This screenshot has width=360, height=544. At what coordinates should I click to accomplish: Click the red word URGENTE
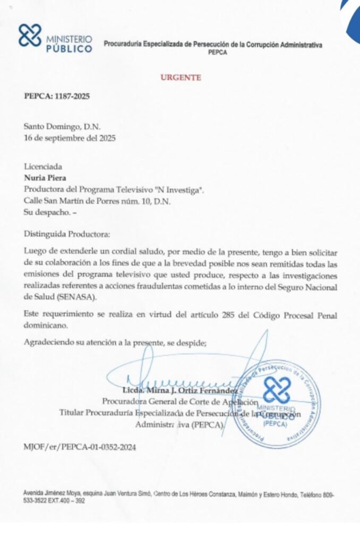tap(181, 78)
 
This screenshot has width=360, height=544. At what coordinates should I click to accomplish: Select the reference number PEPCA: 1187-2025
tap(57, 97)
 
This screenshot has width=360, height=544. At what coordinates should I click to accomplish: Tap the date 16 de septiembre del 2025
tap(70, 138)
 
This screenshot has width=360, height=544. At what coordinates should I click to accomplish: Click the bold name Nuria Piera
tap(44, 178)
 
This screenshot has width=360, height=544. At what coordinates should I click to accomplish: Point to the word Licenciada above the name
tap(43, 167)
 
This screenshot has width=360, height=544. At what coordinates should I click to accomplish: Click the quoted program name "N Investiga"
tap(178, 190)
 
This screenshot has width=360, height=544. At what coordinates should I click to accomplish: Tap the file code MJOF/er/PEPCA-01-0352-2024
tap(80, 447)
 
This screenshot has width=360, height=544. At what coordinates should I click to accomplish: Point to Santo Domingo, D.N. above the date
tap(62, 126)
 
